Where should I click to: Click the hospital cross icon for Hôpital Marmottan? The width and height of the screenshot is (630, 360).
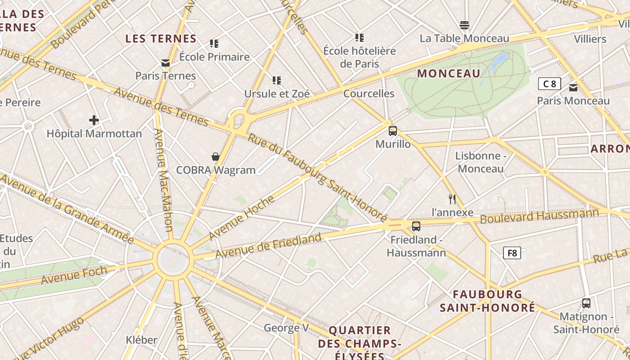click(x=94, y=120)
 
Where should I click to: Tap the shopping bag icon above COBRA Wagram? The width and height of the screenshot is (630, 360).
click(x=216, y=157)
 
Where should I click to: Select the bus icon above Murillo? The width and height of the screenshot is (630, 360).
click(x=393, y=131)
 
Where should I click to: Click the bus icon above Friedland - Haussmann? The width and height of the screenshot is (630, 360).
click(x=416, y=226)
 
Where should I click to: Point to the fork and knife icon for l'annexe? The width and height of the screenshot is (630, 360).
click(x=452, y=199)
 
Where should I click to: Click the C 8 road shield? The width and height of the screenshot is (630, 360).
click(x=549, y=84)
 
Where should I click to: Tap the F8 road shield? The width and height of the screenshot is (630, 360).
click(x=512, y=253)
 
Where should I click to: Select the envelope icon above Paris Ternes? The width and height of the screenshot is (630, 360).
click(x=166, y=63)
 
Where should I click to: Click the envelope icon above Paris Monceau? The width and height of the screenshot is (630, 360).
click(x=573, y=88)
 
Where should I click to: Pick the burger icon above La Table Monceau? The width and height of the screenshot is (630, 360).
click(x=464, y=25)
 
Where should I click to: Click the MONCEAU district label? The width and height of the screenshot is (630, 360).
click(x=449, y=73)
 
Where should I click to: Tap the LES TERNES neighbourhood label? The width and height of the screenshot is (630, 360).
click(x=161, y=39)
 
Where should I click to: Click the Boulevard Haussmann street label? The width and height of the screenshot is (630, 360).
click(x=540, y=216)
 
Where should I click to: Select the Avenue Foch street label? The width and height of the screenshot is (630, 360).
click(x=74, y=274)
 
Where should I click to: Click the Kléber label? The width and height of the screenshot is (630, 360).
click(x=141, y=339)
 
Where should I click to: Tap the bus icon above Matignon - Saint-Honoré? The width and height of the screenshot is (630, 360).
click(x=586, y=303)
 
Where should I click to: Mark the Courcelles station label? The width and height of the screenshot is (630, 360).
click(x=369, y=94)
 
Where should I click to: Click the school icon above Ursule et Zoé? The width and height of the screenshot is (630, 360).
click(x=277, y=81)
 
